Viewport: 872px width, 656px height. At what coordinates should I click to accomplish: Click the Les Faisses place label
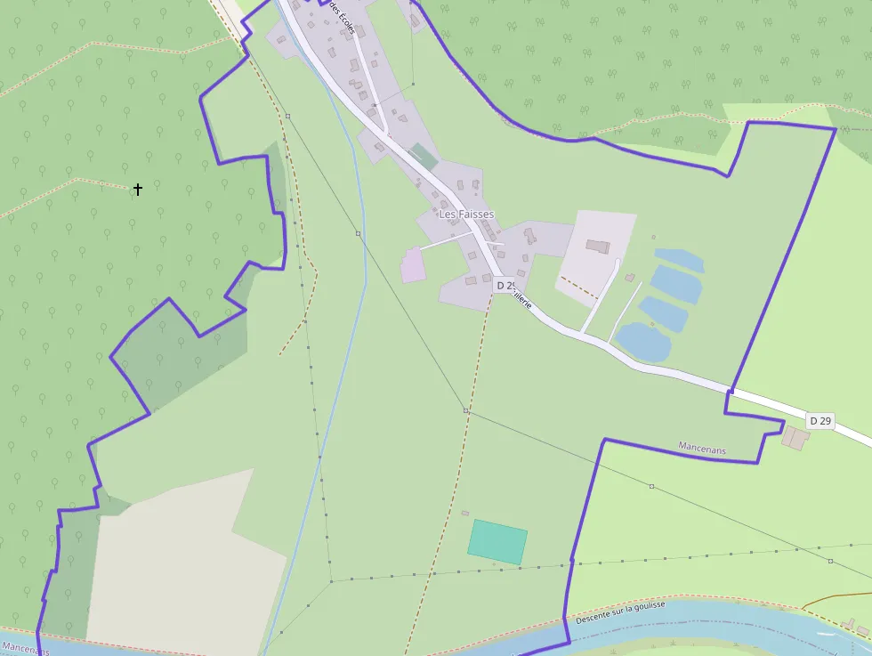466,215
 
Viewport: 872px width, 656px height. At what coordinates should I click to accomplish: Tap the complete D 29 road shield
820,420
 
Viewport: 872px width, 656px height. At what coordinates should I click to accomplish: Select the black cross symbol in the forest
138,189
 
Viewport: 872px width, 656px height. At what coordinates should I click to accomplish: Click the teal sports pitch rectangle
497,541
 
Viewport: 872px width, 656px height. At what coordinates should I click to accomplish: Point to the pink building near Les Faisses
413,265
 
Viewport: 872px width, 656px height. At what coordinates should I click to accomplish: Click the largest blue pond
642,342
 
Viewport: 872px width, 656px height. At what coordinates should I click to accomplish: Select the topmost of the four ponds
679,259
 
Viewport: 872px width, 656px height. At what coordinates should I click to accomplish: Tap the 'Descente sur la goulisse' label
620,611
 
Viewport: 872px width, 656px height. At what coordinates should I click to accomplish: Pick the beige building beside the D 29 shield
795,437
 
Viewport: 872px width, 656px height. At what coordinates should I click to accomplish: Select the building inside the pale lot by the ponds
598,247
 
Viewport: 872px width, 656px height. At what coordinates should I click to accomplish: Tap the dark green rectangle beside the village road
424,157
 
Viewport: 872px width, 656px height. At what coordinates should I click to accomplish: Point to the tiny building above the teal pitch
465,513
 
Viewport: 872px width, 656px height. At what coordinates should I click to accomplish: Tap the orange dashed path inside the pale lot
579,287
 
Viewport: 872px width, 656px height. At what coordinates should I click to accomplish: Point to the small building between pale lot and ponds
630,278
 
